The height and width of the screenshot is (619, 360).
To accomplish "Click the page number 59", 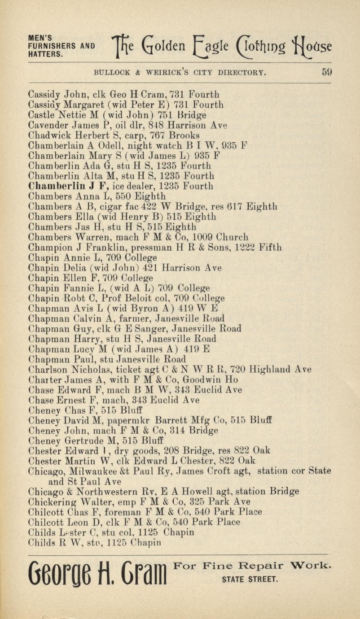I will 326,72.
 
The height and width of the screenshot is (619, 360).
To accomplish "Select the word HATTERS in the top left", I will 45,53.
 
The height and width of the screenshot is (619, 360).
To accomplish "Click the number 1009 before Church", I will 202,237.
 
